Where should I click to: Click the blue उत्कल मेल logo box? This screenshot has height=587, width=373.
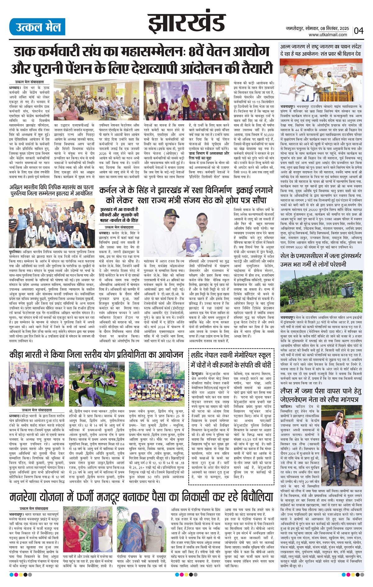(x=37, y=27)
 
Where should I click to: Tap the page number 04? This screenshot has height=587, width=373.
(x=358, y=30)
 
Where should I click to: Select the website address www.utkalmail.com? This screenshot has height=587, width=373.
(x=328, y=35)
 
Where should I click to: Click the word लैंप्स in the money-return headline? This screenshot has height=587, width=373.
(x=290, y=391)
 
